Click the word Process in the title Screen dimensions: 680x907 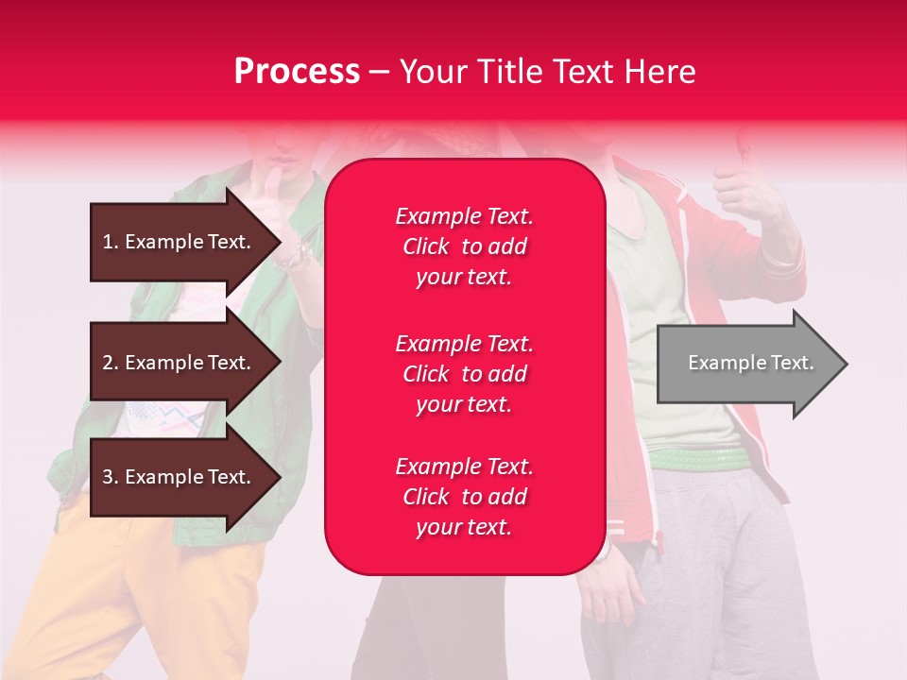click(x=297, y=72)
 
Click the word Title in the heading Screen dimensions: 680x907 click(x=510, y=72)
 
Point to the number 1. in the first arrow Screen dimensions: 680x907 click(x=111, y=242)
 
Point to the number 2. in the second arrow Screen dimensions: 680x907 click(x=111, y=363)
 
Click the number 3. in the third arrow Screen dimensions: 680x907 click(x=111, y=477)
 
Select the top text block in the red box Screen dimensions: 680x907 click(x=464, y=246)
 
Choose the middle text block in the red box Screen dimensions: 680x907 click(x=464, y=374)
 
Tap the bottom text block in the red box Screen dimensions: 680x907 click(x=464, y=497)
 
